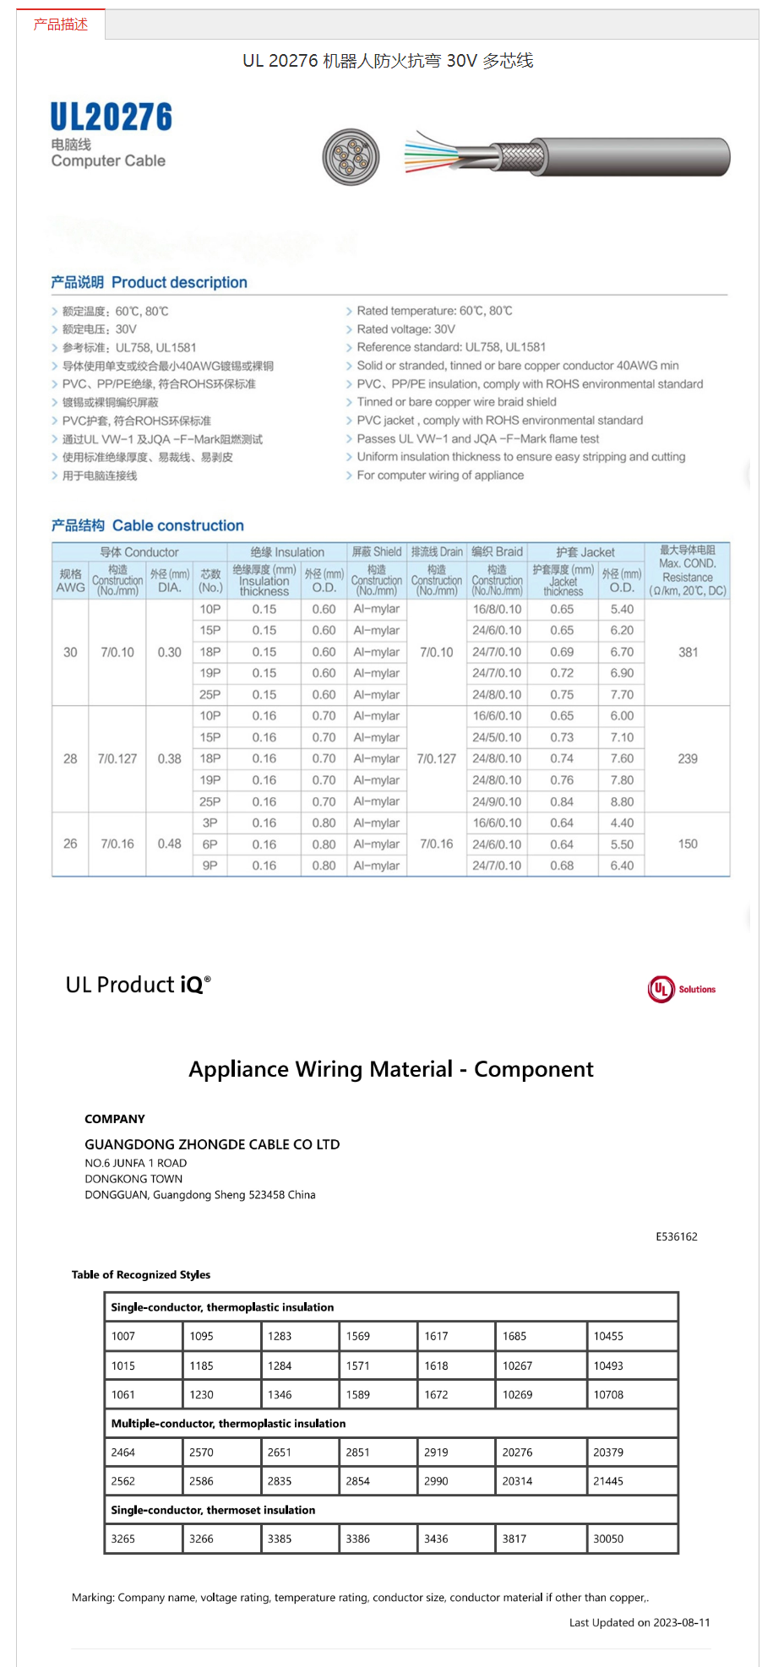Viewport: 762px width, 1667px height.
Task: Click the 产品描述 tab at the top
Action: tap(61, 24)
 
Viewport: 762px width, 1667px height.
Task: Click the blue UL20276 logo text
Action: tap(111, 117)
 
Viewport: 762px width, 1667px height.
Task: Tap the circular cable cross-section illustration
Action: tap(351, 157)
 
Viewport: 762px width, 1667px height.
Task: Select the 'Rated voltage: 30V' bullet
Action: tap(405, 329)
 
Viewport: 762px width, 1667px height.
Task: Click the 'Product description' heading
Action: tap(179, 283)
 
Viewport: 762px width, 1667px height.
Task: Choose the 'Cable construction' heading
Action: tap(177, 526)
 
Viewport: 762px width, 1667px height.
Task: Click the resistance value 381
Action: tap(688, 652)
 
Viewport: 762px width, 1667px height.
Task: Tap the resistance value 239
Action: tap(688, 758)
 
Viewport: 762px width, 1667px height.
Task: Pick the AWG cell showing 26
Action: tap(70, 844)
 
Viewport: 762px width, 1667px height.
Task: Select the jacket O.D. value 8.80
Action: tap(622, 801)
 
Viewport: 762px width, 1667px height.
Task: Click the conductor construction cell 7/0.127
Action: tap(117, 758)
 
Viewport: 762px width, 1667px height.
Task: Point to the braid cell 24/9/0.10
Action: tap(497, 801)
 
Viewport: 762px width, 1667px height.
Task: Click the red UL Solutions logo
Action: tap(681, 989)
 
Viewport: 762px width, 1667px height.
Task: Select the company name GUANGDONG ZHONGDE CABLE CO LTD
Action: tap(212, 1144)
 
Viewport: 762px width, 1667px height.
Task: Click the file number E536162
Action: tap(677, 1236)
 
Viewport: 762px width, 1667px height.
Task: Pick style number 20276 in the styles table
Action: tap(517, 1453)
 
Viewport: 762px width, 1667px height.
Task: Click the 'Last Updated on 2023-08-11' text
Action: tap(640, 1622)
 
